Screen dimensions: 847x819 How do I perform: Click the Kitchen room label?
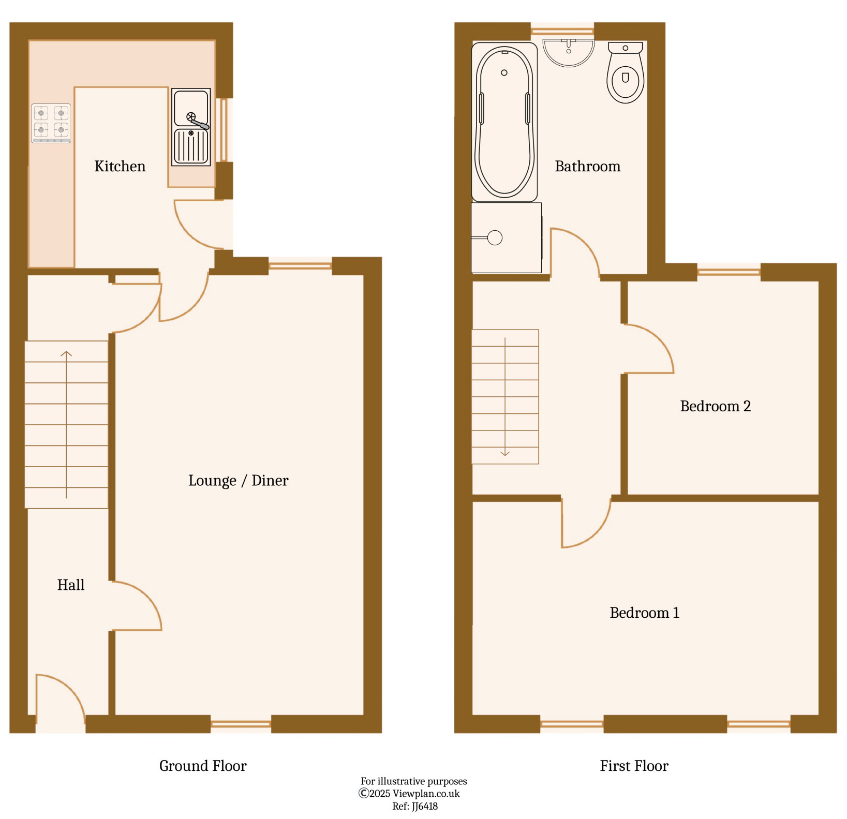coord(120,166)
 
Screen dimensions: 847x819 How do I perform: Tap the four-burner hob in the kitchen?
coord(51,123)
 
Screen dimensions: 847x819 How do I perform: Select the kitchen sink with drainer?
coord(191,127)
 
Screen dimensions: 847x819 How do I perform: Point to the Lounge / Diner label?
coord(238,481)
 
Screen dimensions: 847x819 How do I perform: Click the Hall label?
coord(71,585)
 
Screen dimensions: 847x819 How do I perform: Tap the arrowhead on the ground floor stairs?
coord(66,354)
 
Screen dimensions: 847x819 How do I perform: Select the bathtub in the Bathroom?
coord(504,122)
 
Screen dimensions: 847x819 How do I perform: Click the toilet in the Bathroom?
coord(626,72)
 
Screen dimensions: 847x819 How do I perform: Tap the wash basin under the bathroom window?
coord(569,52)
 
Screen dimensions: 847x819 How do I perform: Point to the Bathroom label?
coord(587,166)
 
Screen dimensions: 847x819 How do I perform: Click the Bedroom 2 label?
coord(715,406)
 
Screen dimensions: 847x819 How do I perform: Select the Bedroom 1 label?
coord(644,613)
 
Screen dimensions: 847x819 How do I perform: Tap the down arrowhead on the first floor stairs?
coord(505,454)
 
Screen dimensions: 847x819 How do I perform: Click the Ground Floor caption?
coord(203,766)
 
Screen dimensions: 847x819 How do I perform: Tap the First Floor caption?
coord(634,766)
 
